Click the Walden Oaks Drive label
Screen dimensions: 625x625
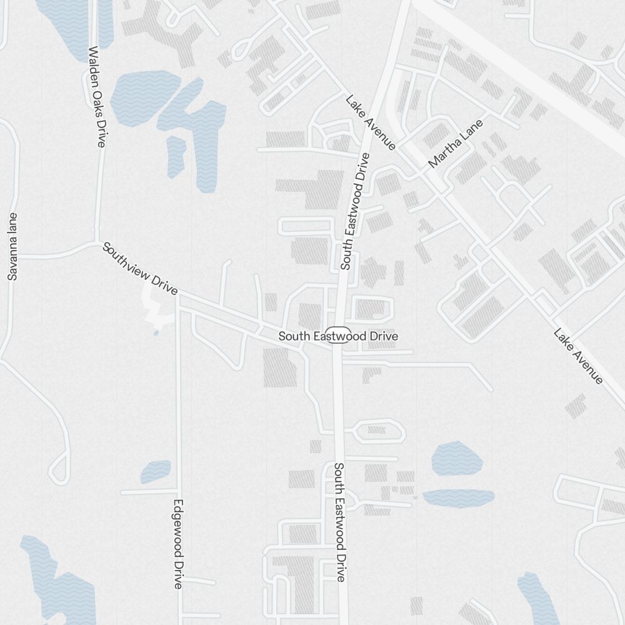click(x=96, y=97)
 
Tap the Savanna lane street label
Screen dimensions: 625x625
click(x=12, y=246)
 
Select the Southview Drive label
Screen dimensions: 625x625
click(x=140, y=269)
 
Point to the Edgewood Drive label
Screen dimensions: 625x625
click(x=178, y=544)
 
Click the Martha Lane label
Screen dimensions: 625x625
click(x=456, y=144)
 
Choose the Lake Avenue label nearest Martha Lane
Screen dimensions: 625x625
click(x=371, y=122)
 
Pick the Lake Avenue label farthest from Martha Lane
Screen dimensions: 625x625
click(x=578, y=356)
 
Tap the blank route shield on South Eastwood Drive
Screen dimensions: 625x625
click(x=339, y=335)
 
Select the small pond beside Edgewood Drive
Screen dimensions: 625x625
click(x=156, y=471)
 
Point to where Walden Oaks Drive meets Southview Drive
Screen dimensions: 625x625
click(x=96, y=241)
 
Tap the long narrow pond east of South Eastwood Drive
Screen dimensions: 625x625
click(x=458, y=497)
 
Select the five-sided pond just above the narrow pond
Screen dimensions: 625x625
click(x=457, y=458)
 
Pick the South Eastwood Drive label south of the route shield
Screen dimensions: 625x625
click(x=339, y=522)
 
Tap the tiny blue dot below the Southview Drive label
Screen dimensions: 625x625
click(x=156, y=333)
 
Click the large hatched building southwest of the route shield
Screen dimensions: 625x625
click(x=279, y=367)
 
